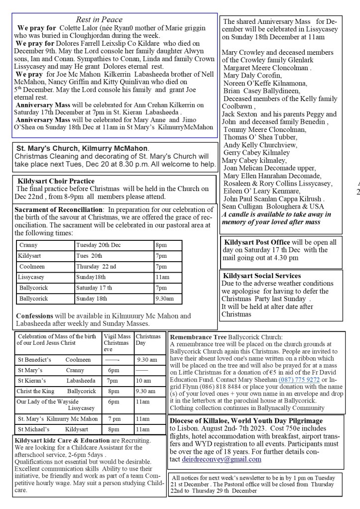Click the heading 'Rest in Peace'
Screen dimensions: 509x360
(x=99, y=19)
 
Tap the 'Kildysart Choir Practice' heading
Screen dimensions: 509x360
(x=56, y=181)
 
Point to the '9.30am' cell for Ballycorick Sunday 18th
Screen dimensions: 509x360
(x=164, y=299)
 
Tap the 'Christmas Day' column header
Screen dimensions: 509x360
(x=149, y=340)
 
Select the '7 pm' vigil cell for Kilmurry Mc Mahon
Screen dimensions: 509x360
(x=114, y=419)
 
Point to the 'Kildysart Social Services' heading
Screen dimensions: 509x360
(x=262, y=276)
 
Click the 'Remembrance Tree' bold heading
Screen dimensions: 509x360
(x=198, y=336)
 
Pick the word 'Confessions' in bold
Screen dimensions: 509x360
(x=37, y=315)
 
